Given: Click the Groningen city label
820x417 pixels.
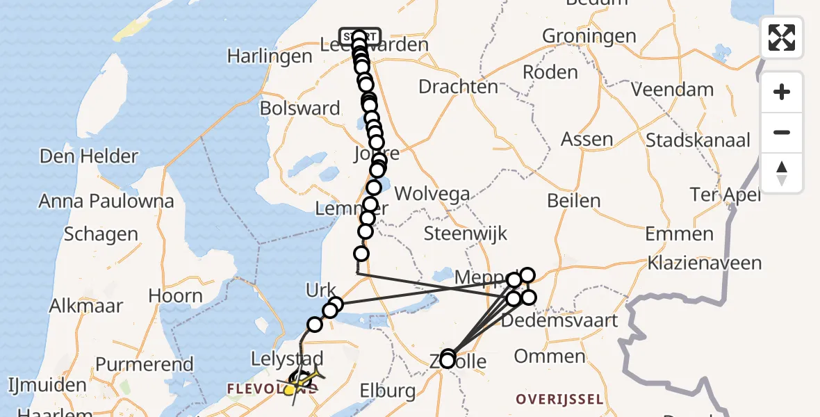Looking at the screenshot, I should click(589, 36).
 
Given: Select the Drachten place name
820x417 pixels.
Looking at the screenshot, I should click(458, 87).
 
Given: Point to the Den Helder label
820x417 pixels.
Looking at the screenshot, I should click(89, 156).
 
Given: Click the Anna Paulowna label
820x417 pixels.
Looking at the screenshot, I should click(106, 202).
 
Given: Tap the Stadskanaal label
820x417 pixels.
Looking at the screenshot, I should click(698, 140).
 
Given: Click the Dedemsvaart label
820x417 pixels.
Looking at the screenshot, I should click(559, 320).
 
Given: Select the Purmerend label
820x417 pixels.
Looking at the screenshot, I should click(144, 364).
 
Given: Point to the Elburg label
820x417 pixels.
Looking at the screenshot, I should click(387, 391).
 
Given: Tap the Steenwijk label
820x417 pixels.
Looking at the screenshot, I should click(466, 234).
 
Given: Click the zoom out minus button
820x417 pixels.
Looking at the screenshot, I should click(782, 133).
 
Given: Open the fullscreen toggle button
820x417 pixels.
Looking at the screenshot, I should click(782, 38).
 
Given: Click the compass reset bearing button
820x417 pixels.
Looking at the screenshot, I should click(782, 172).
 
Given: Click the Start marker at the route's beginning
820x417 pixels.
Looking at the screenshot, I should click(359, 35).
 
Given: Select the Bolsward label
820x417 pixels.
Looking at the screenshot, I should click(300, 108).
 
